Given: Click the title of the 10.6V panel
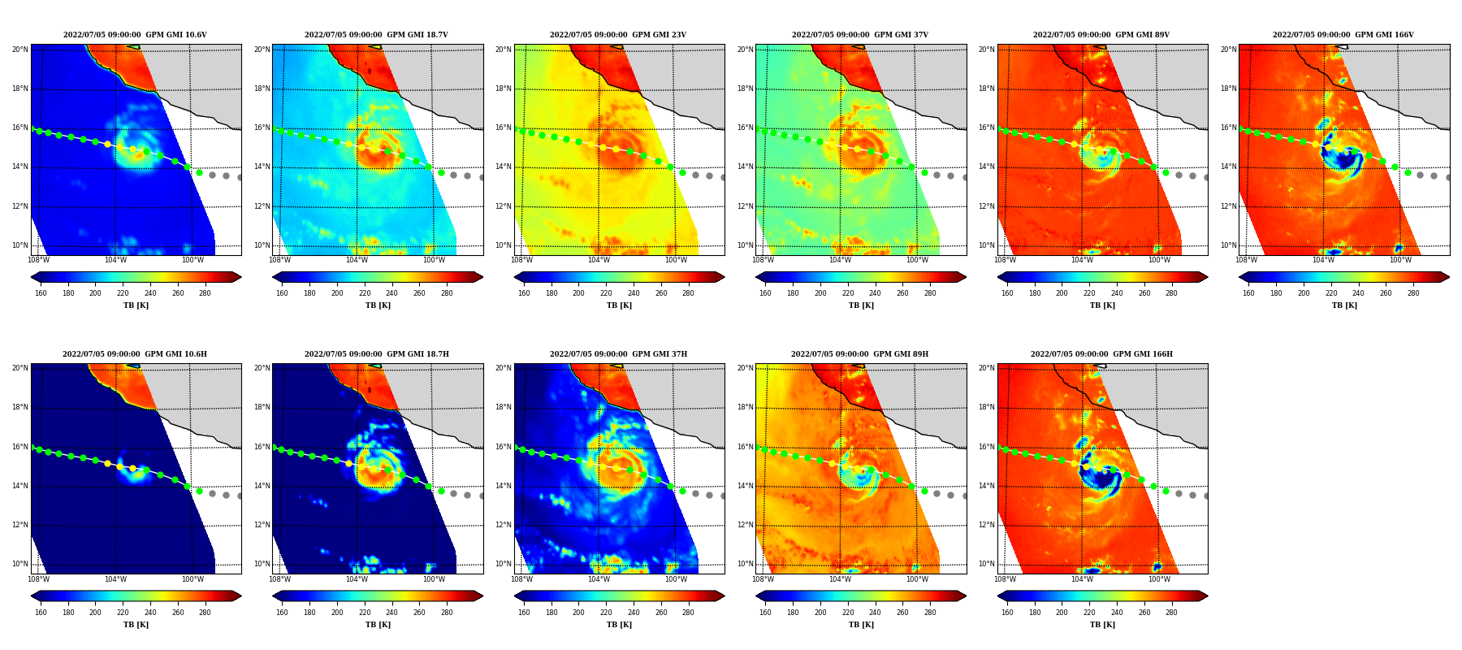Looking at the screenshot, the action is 135,35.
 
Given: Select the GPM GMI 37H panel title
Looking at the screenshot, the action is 618,354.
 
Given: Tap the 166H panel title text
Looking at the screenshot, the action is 1101,354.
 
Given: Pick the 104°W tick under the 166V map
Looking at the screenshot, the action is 1323,261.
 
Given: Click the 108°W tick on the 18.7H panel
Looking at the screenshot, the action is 279,579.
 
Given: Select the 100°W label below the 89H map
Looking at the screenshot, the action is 917,579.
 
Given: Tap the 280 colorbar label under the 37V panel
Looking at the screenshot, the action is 930,293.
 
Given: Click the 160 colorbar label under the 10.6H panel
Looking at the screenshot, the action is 41,613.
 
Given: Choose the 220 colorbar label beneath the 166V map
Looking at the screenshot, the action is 1331,293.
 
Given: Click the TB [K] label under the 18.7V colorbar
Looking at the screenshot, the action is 378,305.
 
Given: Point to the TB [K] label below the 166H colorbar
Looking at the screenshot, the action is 1102,625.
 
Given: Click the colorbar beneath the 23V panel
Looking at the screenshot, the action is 619,277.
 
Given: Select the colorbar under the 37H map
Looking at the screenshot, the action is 619,596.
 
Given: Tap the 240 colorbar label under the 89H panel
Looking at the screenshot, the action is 875,613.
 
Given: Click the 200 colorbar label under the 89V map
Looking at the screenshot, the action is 1062,293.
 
